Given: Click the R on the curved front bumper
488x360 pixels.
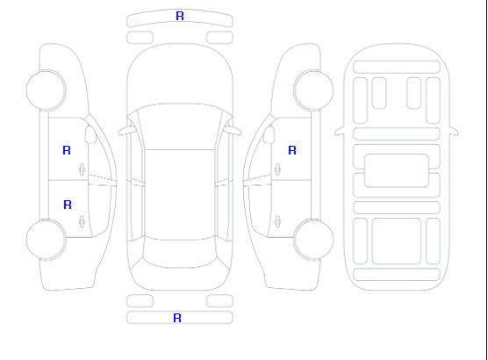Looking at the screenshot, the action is point(180,16).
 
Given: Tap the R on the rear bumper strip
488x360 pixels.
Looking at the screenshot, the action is point(177,318).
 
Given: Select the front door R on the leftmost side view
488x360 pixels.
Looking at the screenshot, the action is point(67,150).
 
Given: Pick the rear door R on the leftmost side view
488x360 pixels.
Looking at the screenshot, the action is point(68,205).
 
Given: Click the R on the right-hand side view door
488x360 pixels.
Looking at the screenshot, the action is point(292,150).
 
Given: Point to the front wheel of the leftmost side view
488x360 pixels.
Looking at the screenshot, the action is point(46,90).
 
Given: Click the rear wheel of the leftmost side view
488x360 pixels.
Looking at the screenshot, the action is point(46,240).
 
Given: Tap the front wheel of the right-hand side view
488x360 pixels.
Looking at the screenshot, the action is point(313,90).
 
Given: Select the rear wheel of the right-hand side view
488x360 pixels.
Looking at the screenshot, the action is point(313,240).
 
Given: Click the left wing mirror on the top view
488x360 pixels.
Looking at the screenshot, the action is point(126,131).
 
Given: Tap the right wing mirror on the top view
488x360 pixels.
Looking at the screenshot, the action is point(233,131).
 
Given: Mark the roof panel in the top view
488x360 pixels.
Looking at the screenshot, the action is point(180,195).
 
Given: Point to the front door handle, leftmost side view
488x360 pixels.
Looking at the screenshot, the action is point(82,169).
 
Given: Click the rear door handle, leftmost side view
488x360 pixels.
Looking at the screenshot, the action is point(82,221).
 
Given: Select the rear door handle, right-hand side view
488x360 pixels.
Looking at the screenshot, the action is point(277,221).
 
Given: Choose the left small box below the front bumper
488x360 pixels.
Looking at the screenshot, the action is point(140,38).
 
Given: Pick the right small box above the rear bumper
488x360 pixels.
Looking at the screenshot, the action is point(219,300).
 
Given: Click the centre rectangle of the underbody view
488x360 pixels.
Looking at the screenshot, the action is point(397,170).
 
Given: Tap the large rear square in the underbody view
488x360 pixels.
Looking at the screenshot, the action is point(397,241).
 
